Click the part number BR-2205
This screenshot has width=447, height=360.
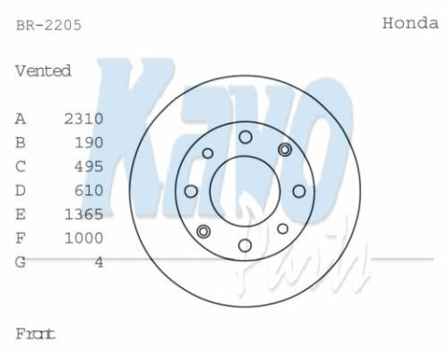click(49, 26)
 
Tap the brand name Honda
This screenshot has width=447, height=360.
click(410, 23)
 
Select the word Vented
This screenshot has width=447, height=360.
click(43, 72)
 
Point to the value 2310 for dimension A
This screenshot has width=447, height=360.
click(83, 119)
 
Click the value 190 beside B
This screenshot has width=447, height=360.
click(90, 143)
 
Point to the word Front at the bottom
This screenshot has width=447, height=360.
click(35, 334)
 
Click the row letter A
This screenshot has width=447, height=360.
click(20, 119)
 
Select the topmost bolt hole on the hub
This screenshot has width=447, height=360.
click(245, 137)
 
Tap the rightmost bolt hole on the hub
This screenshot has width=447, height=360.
click(300, 191)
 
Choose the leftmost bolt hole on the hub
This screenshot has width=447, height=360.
click(190, 191)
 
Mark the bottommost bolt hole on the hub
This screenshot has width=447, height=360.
click(245, 246)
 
